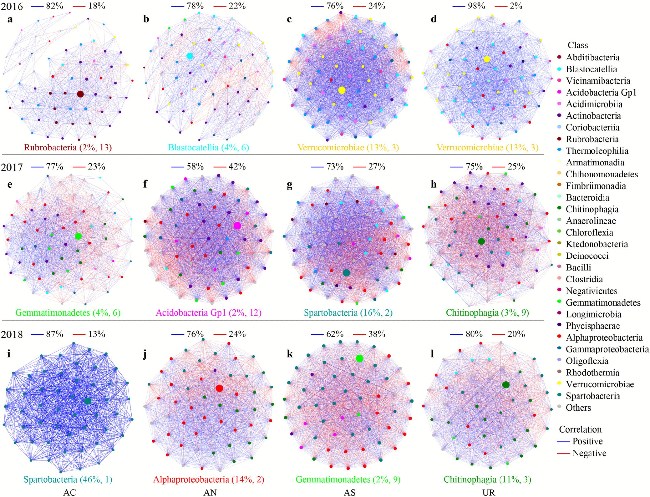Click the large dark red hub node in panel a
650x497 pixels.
[80, 94]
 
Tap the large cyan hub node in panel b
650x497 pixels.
[190, 56]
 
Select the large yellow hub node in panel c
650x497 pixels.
[342, 90]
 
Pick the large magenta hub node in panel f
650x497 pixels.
[237, 226]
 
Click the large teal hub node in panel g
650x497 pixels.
[346, 273]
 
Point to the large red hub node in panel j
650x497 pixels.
[219, 388]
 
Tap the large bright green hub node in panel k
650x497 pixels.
[359, 358]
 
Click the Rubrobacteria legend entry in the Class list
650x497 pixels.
[592, 139]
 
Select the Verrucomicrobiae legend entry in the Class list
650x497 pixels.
[600, 384]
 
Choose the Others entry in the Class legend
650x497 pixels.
[578, 408]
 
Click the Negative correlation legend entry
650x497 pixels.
[589, 453]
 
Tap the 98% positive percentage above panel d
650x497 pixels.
[476, 6]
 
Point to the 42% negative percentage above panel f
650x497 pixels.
[237, 167]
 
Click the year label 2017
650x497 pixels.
[12, 167]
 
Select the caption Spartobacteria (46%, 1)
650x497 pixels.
[68, 479]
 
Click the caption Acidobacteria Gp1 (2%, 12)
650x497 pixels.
[208, 313]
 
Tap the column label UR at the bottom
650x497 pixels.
[488, 492]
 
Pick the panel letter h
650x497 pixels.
[434, 184]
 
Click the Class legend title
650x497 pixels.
[578, 45]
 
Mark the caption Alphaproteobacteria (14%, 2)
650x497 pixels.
[208, 479]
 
